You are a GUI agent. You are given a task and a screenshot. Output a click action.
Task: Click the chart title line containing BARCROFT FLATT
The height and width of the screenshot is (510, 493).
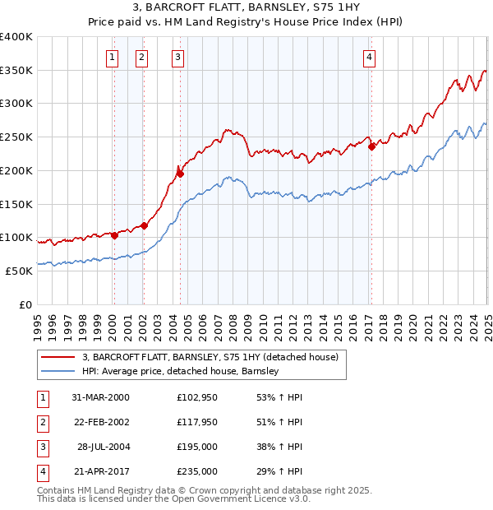click(x=246, y=7)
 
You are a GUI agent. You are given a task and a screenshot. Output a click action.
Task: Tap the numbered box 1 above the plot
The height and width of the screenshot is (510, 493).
click(x=112, y=57)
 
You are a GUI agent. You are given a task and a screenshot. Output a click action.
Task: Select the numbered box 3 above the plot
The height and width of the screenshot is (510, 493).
click(x=177, y=57)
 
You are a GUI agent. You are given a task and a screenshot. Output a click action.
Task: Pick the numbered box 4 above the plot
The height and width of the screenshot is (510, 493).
click(x=370, y=57)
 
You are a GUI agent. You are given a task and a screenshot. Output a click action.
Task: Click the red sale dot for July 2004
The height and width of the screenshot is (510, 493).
click(x=180, y=174)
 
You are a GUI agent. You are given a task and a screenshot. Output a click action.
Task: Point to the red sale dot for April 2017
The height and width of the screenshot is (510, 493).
click(x=371, y=147)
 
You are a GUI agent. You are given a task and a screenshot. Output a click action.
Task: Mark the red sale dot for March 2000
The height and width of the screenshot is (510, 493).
click(x=115, y=235)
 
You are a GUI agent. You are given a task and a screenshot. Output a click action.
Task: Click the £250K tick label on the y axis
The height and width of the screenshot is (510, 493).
click(x=16, y=137)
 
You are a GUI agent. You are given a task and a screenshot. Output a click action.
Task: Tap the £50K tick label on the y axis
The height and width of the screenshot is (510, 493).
click(x=19, y=271)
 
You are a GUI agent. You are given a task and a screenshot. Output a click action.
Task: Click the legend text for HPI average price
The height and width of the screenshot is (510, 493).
click(x=181, y=371)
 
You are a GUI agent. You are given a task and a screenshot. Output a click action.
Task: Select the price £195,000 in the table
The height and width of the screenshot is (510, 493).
click(x=197, y=447)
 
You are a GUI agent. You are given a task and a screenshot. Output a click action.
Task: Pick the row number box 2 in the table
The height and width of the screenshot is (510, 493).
click(x=41, y=423)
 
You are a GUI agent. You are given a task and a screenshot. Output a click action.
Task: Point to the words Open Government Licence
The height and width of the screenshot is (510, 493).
click(x=246, y=498)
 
